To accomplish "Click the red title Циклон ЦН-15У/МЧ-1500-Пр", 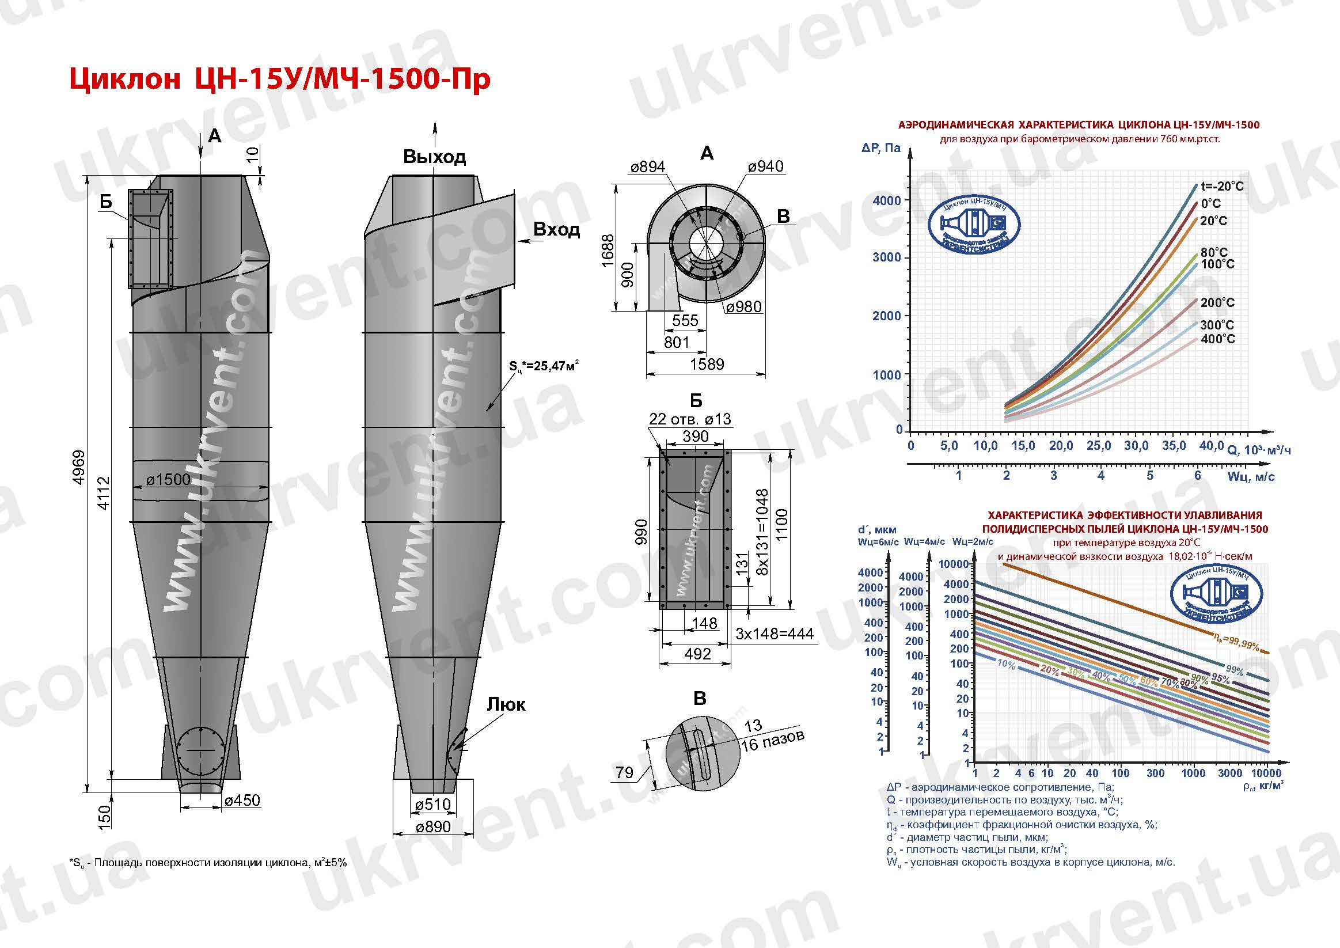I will coord(279,79).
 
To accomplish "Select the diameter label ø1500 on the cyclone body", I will coord(168,479).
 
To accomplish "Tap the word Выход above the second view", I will coord(434,157).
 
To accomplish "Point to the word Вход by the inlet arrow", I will coord(556,229).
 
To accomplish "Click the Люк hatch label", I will coord(506,704).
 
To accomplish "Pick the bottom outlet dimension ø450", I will coord(242,800).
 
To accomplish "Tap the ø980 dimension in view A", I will coord(743,306).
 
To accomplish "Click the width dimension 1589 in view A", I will coord(706,364).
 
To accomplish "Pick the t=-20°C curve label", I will coord(1222,186).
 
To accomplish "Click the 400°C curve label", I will coord(1218,339).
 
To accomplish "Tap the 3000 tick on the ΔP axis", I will coord(887,257).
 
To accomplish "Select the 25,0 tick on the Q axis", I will coord(1098,446).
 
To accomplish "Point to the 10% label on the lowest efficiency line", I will coord(1006,664).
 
